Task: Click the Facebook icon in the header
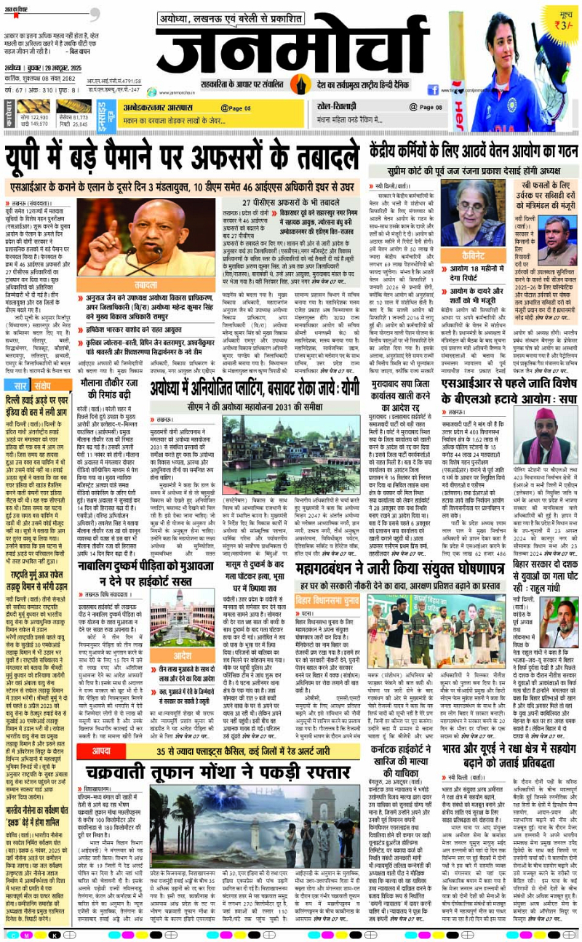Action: click(x=434, y=90)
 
